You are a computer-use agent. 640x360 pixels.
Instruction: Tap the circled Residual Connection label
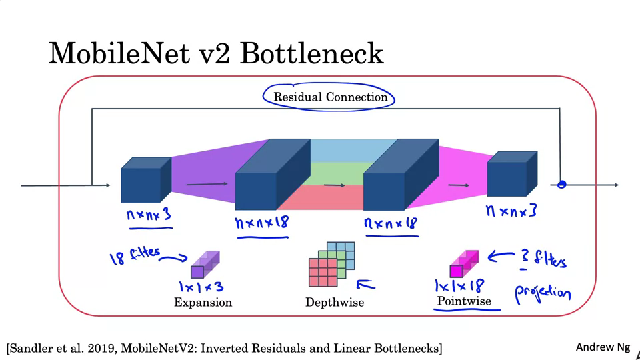(x=331, y=97)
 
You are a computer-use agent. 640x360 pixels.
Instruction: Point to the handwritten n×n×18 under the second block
(x=262, y=222)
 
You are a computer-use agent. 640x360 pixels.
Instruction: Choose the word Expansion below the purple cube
(x=203, y=303)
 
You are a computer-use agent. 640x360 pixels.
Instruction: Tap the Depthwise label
(x=335, y=303)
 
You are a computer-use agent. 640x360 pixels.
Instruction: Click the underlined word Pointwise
(x=464, y=302)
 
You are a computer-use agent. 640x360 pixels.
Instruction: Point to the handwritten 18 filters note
(x=136, y=255)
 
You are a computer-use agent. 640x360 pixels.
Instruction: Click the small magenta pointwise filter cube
(x=463, y=264)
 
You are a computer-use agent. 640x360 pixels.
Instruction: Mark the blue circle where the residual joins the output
(x=561, y=185)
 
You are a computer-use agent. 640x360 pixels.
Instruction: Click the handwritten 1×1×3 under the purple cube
(x=202, y=287)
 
